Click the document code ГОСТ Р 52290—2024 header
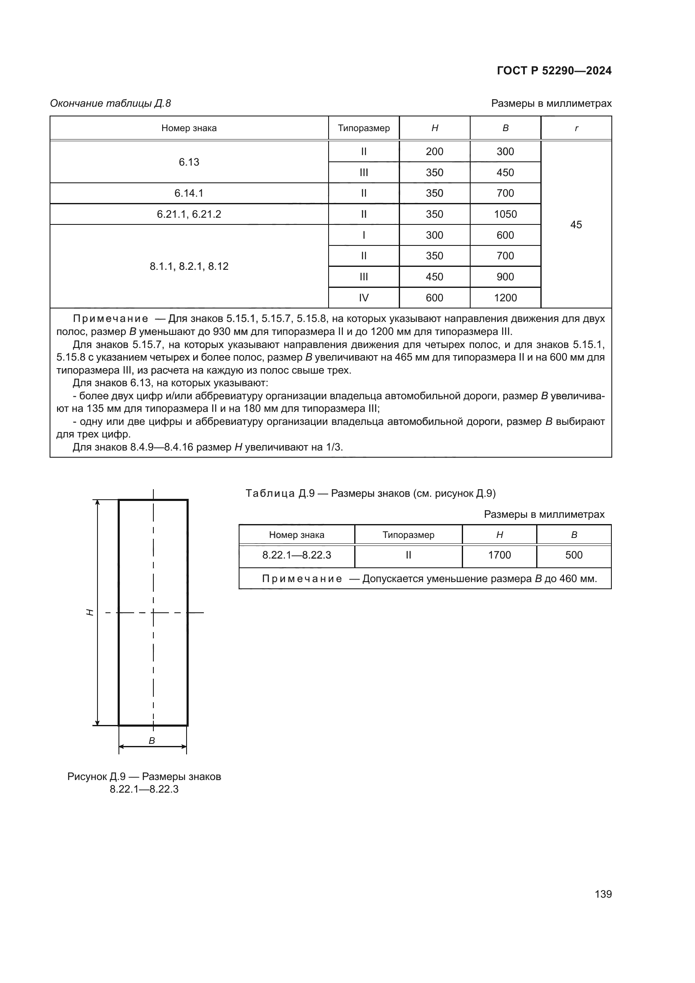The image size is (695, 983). [554, 71]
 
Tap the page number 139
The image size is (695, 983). [603, 894]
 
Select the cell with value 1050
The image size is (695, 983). [505, 214]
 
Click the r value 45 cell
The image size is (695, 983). [576, 224]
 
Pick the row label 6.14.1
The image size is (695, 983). [189, 193]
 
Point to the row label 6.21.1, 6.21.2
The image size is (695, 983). [189, 214]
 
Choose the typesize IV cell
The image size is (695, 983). [363, 298]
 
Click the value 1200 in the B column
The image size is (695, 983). [505, 298]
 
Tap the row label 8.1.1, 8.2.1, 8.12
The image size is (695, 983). [189, 266]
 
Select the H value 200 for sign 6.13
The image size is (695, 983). [434, 152]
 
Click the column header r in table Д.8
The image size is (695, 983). [576, 128]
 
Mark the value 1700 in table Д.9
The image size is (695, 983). [499, 555]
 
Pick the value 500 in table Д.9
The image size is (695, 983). [574, 555]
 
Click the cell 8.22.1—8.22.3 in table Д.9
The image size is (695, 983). [297, 555]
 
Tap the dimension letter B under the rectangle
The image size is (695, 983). [152, 740]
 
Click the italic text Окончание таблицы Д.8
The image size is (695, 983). [111, 103]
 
